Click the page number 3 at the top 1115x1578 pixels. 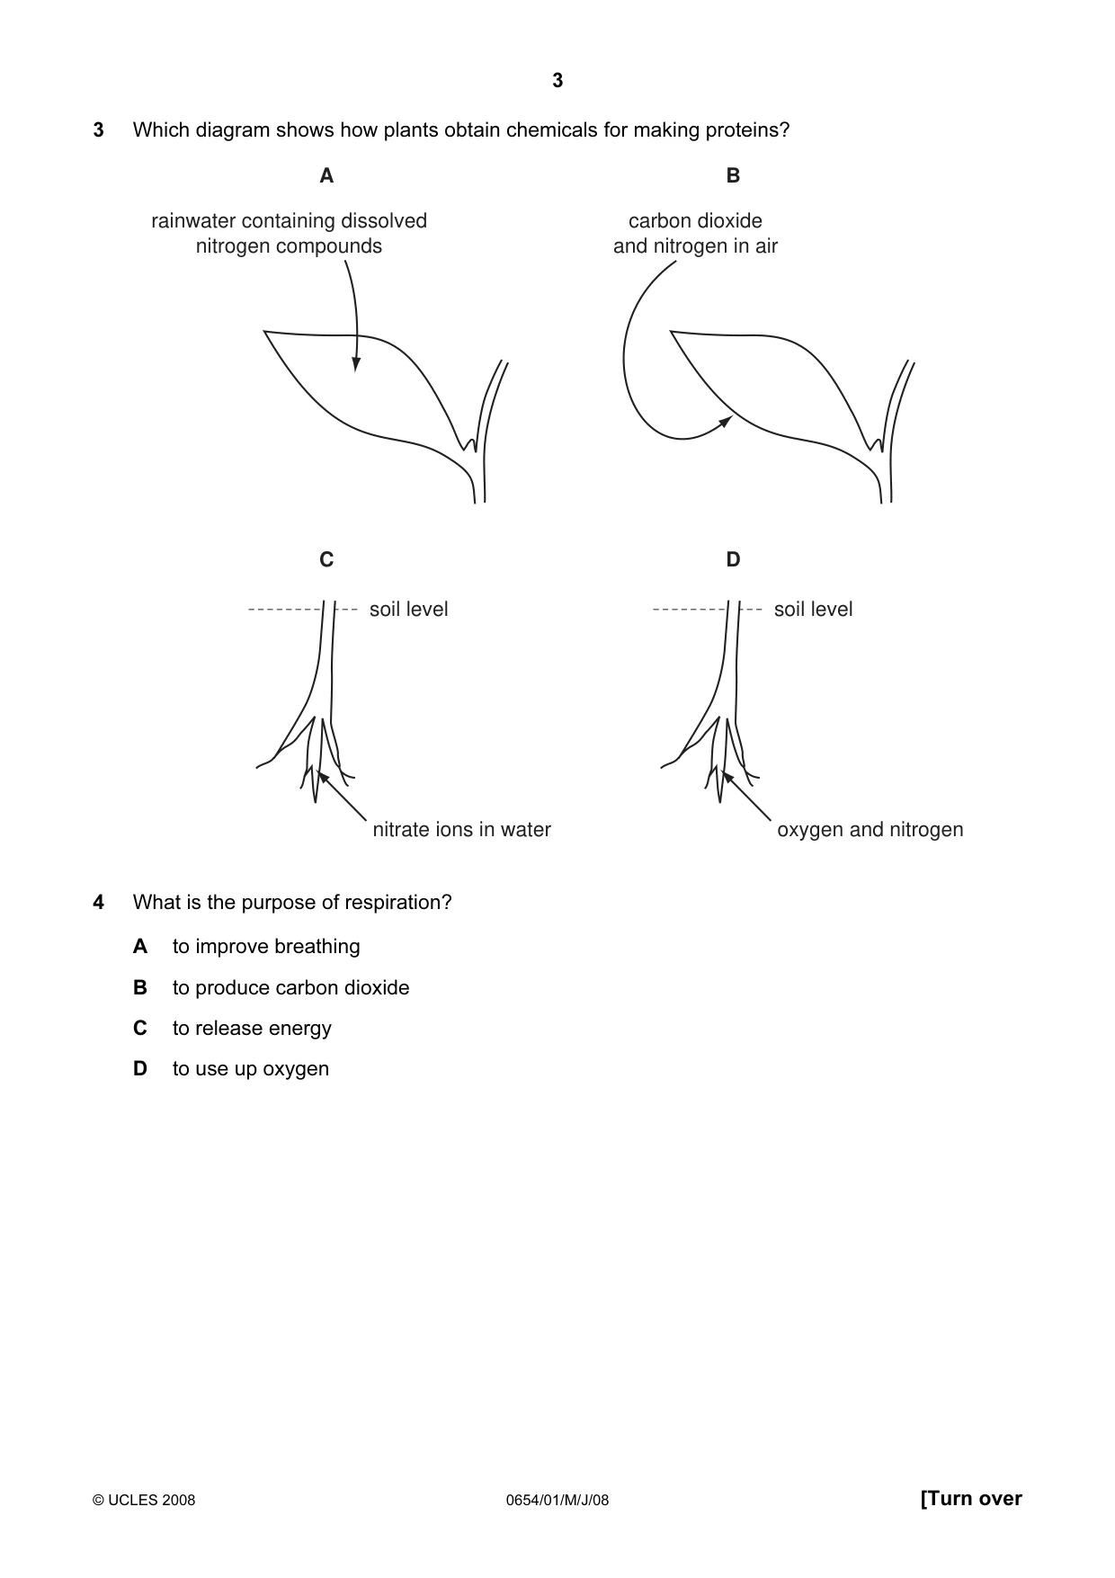[557, 81]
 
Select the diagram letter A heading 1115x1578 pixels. [326, 176]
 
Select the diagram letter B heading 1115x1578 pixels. [733, 176]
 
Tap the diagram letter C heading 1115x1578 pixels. [326, 560]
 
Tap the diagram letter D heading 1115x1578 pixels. [733, 560]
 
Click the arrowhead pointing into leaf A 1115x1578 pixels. [356, 363]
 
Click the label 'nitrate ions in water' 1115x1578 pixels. [461, 830]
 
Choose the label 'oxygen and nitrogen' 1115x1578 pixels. [870, 830]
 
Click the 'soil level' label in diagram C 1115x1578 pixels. [408, 610]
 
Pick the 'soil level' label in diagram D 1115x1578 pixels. [813, 610]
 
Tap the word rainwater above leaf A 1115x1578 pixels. [193, 221]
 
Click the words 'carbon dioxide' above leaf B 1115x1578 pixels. [695, 221]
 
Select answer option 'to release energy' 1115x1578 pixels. [252, 1029]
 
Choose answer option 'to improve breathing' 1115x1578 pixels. [266, 947]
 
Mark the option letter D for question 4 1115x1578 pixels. [140, 1069]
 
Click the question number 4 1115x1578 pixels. [98, 903]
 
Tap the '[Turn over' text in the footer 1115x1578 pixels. [971, 1499]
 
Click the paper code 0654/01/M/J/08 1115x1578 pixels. [557, 1500]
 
